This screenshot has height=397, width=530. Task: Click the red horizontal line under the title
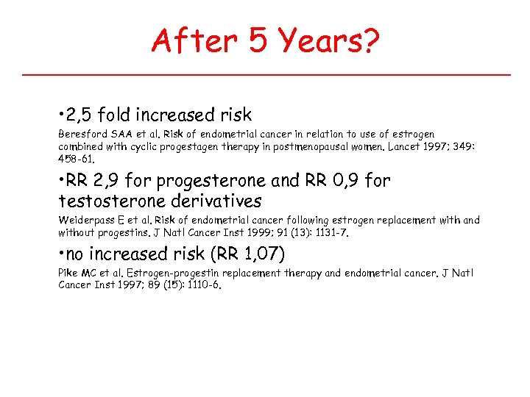[266, 75]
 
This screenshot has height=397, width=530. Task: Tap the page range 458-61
[76, 158]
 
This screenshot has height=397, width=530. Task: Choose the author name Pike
[68, 273]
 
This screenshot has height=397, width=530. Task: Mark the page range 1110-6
[199, 285]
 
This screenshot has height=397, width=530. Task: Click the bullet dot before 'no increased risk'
[61, 254]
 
